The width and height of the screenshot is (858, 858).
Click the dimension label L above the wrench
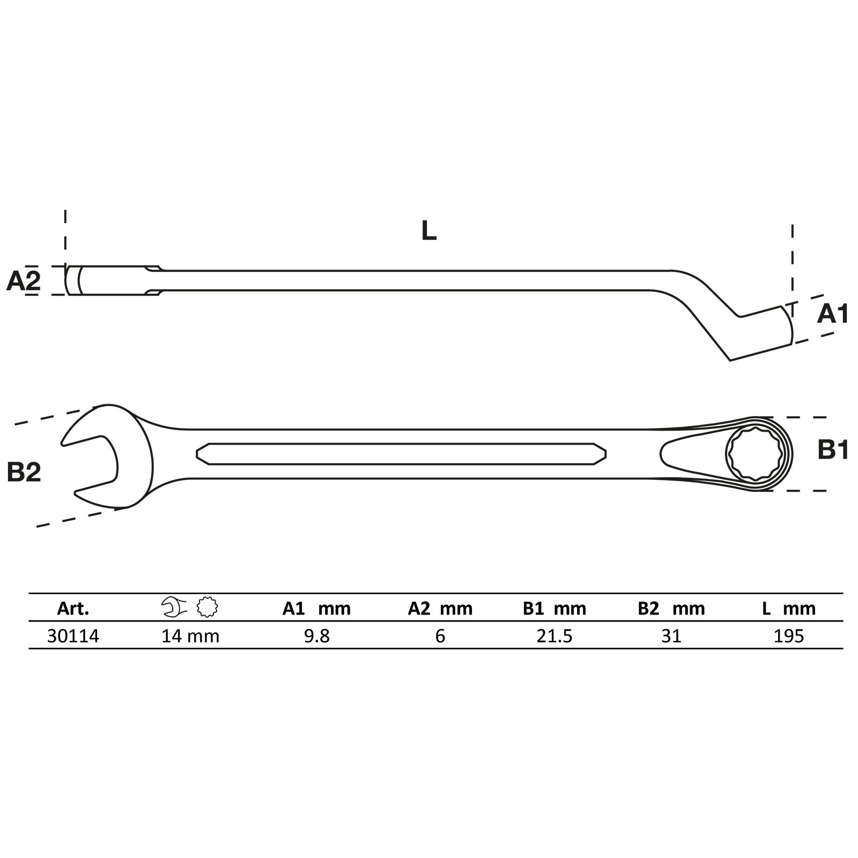coord(428,231)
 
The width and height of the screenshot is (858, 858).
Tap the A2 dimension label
coord(23,280)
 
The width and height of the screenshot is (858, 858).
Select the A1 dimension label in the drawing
coord(832,314)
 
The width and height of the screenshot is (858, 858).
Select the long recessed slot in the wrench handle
coord(401,454)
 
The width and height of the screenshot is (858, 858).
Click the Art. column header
coord(73,609)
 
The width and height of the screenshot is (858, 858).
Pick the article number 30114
coord(73,636)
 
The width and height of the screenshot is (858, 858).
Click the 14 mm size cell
coord(190,636)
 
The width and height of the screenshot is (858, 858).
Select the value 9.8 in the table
coord(316,636)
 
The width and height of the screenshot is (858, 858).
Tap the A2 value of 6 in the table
coord(440,636)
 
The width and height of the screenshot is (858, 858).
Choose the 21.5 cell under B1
coord(554,636)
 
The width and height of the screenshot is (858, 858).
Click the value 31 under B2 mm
coord(671,636)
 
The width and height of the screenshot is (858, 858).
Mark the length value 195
coord(789,636)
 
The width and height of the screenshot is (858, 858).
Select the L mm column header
coord(789,609)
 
